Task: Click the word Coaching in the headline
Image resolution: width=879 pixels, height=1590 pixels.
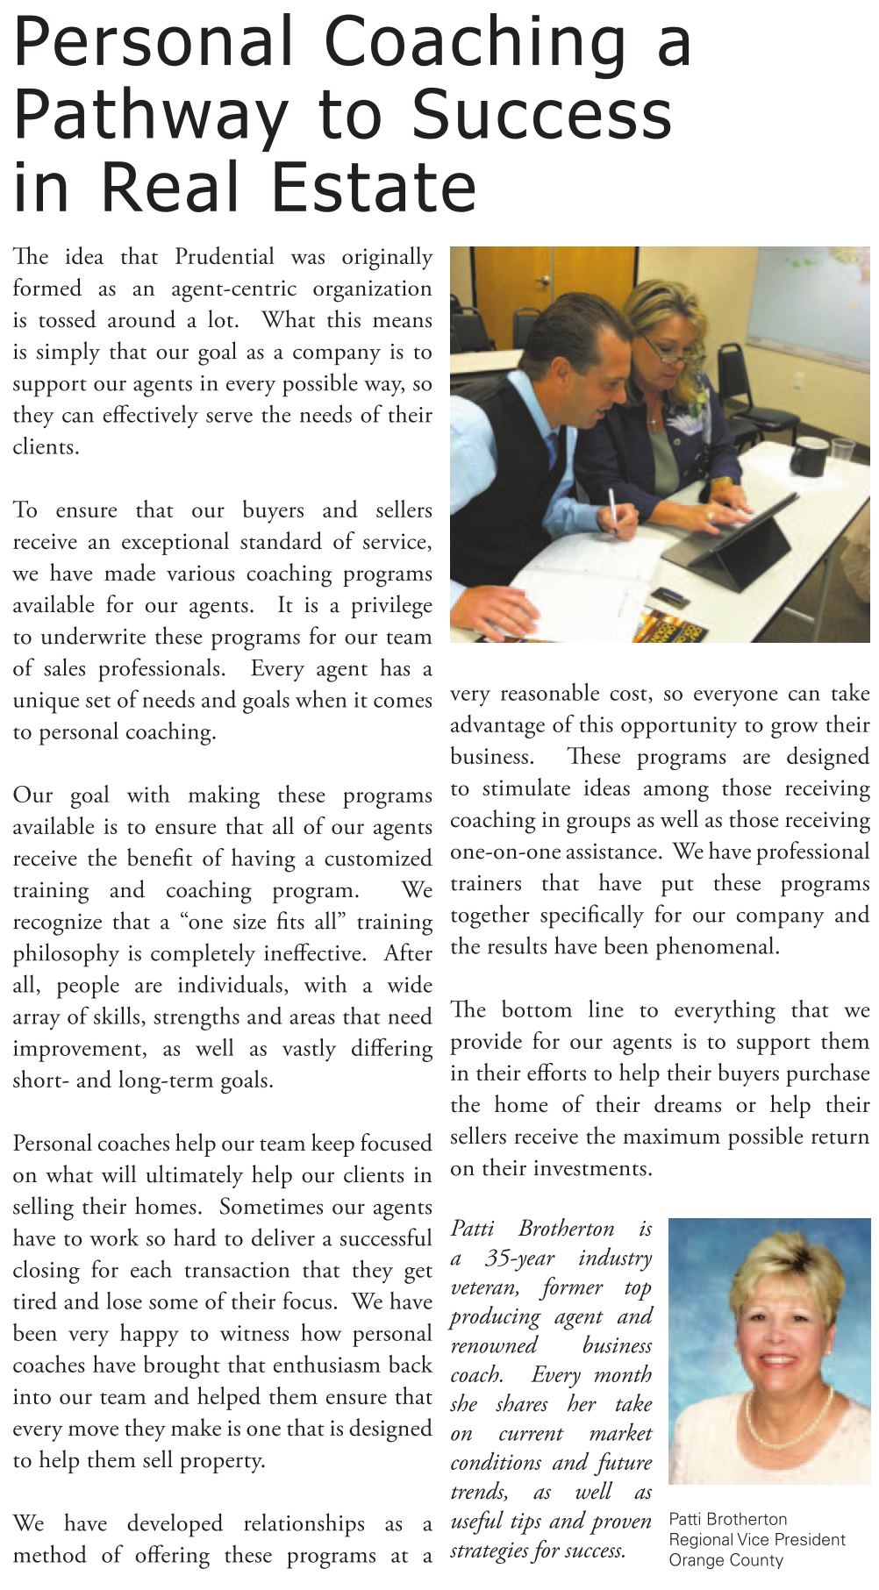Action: (x=475, y=42)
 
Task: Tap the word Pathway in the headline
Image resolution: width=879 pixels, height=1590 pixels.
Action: (x=150, y=116)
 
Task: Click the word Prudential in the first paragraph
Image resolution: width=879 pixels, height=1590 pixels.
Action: (x=225, y=257)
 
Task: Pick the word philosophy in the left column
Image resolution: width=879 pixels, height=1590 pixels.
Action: (x=66, y=954)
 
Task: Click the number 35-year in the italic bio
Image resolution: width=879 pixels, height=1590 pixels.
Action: (x=519, y=1258)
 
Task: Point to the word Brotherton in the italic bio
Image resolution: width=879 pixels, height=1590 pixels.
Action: (x=566, y=1229)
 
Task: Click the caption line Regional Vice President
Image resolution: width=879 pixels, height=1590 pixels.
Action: (x=756, y=1539)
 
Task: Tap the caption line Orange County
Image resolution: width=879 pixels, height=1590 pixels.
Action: (x=725, y=1560)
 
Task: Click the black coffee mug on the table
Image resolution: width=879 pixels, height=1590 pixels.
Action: (x=808, y=455)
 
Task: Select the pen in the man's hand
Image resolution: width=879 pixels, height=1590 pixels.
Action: (x=612, y=509)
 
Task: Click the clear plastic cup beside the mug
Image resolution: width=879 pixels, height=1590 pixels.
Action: (x=843, y=451)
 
